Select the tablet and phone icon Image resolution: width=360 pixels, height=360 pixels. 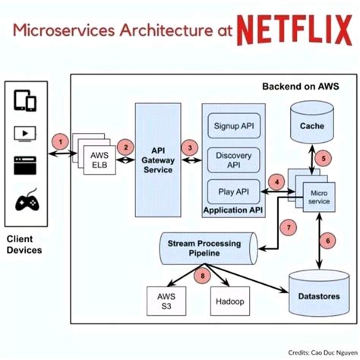(x=25, y=101)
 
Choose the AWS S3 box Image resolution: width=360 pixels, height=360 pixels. (x=166, y=302)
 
